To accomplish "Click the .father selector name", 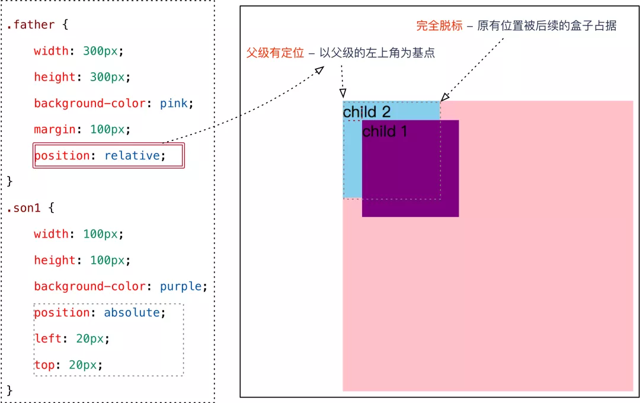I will coord(30,25).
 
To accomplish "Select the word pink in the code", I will coord(174,104).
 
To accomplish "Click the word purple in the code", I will coord(181,287).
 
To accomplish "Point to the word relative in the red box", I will coord(132,156).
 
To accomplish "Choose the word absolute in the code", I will coord(132,313).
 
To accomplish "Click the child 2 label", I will coord(367,112).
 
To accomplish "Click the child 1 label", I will coord(385,132).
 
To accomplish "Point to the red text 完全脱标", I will coord(439,26).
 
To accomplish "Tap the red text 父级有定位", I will coord(275,53).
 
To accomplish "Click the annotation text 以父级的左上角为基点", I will coord(377,53).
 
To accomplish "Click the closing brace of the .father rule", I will coord(9,180).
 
